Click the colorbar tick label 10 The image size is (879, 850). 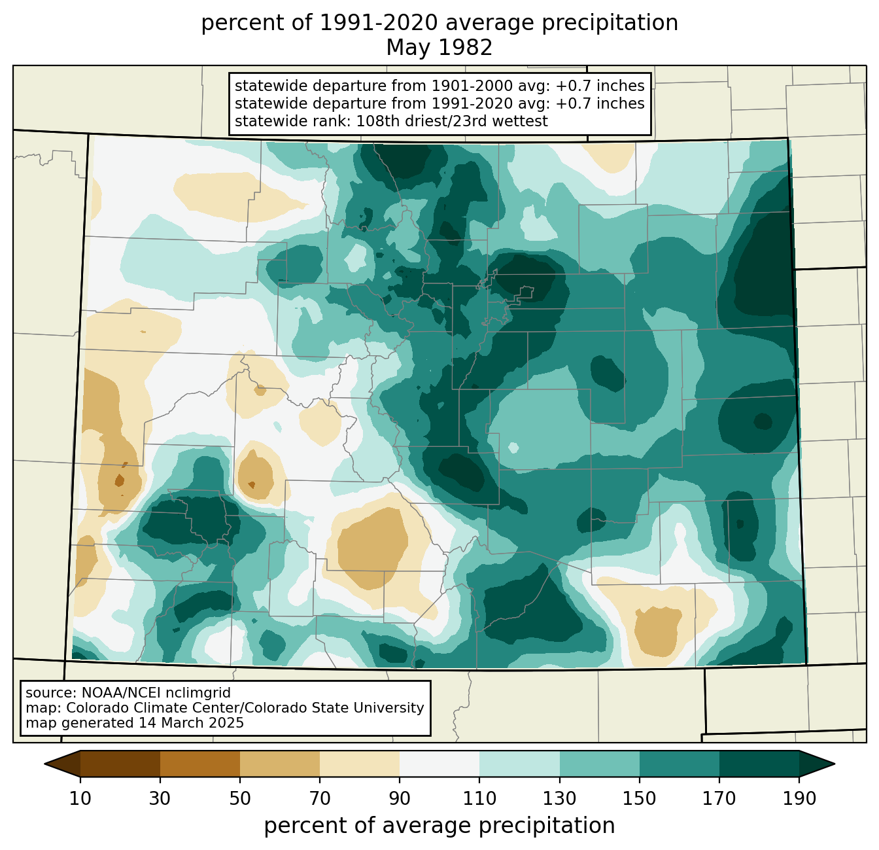80,798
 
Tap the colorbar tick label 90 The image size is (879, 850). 400,798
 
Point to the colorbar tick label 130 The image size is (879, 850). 559,798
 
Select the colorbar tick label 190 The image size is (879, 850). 799,798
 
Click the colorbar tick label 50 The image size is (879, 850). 240,798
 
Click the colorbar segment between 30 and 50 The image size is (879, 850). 200,764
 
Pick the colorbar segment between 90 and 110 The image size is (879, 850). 439,764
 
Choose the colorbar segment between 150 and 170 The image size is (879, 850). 680,764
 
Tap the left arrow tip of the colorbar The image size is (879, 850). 44,764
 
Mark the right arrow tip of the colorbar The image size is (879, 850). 835,764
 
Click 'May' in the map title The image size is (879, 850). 405,48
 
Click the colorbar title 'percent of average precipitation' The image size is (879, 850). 439,826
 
